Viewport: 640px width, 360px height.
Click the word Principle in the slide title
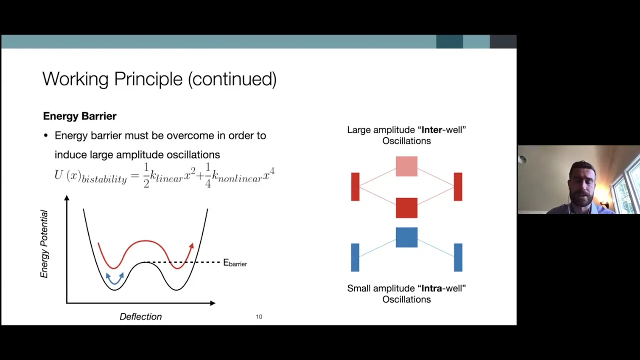pyautogui.click(x=148, y=79)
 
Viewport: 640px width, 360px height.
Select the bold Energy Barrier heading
pyautogui.click(x=79, y=116)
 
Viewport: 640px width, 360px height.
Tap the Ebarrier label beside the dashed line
pyautogui.click(x=235, y=263)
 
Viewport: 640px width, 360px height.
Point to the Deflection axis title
pyautogui.click(x=140, y=316)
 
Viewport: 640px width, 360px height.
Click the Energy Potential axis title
pyautogui.click(x=44, y=244)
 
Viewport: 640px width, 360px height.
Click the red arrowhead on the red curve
pyautogui.click(x=191, y=246)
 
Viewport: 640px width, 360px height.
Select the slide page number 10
pyautogui.click(x=259, y=317)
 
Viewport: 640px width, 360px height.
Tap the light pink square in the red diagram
pyautogui.click(x=406, y=166)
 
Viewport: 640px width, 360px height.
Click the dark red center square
pyautogui.click(x=406, y=207)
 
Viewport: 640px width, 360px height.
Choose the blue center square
pyautogui.click(x=406, y=237)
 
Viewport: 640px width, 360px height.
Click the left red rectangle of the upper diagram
pyautogui.click(x=355, y=186)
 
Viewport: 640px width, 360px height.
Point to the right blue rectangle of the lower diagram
pyautogui.click(x=458, y=257)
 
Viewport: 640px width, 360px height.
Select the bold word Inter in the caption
pyautogui.click(x=432, y=130)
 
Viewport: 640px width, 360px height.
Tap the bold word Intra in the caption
pyautogui.click(x=431, y=288)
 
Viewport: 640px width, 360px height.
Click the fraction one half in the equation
pyautogui.click(x=146, y=175)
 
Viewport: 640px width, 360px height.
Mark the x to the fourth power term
pyautogui.click(x=268, y=174)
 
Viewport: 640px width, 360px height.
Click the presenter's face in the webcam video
pyautogui.click(x=581, y=183)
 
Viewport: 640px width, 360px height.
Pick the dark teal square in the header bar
pyautogui.click(x=449, y=41)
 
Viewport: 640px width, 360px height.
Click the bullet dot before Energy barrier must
pyautogui.click(x=46, y=135)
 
